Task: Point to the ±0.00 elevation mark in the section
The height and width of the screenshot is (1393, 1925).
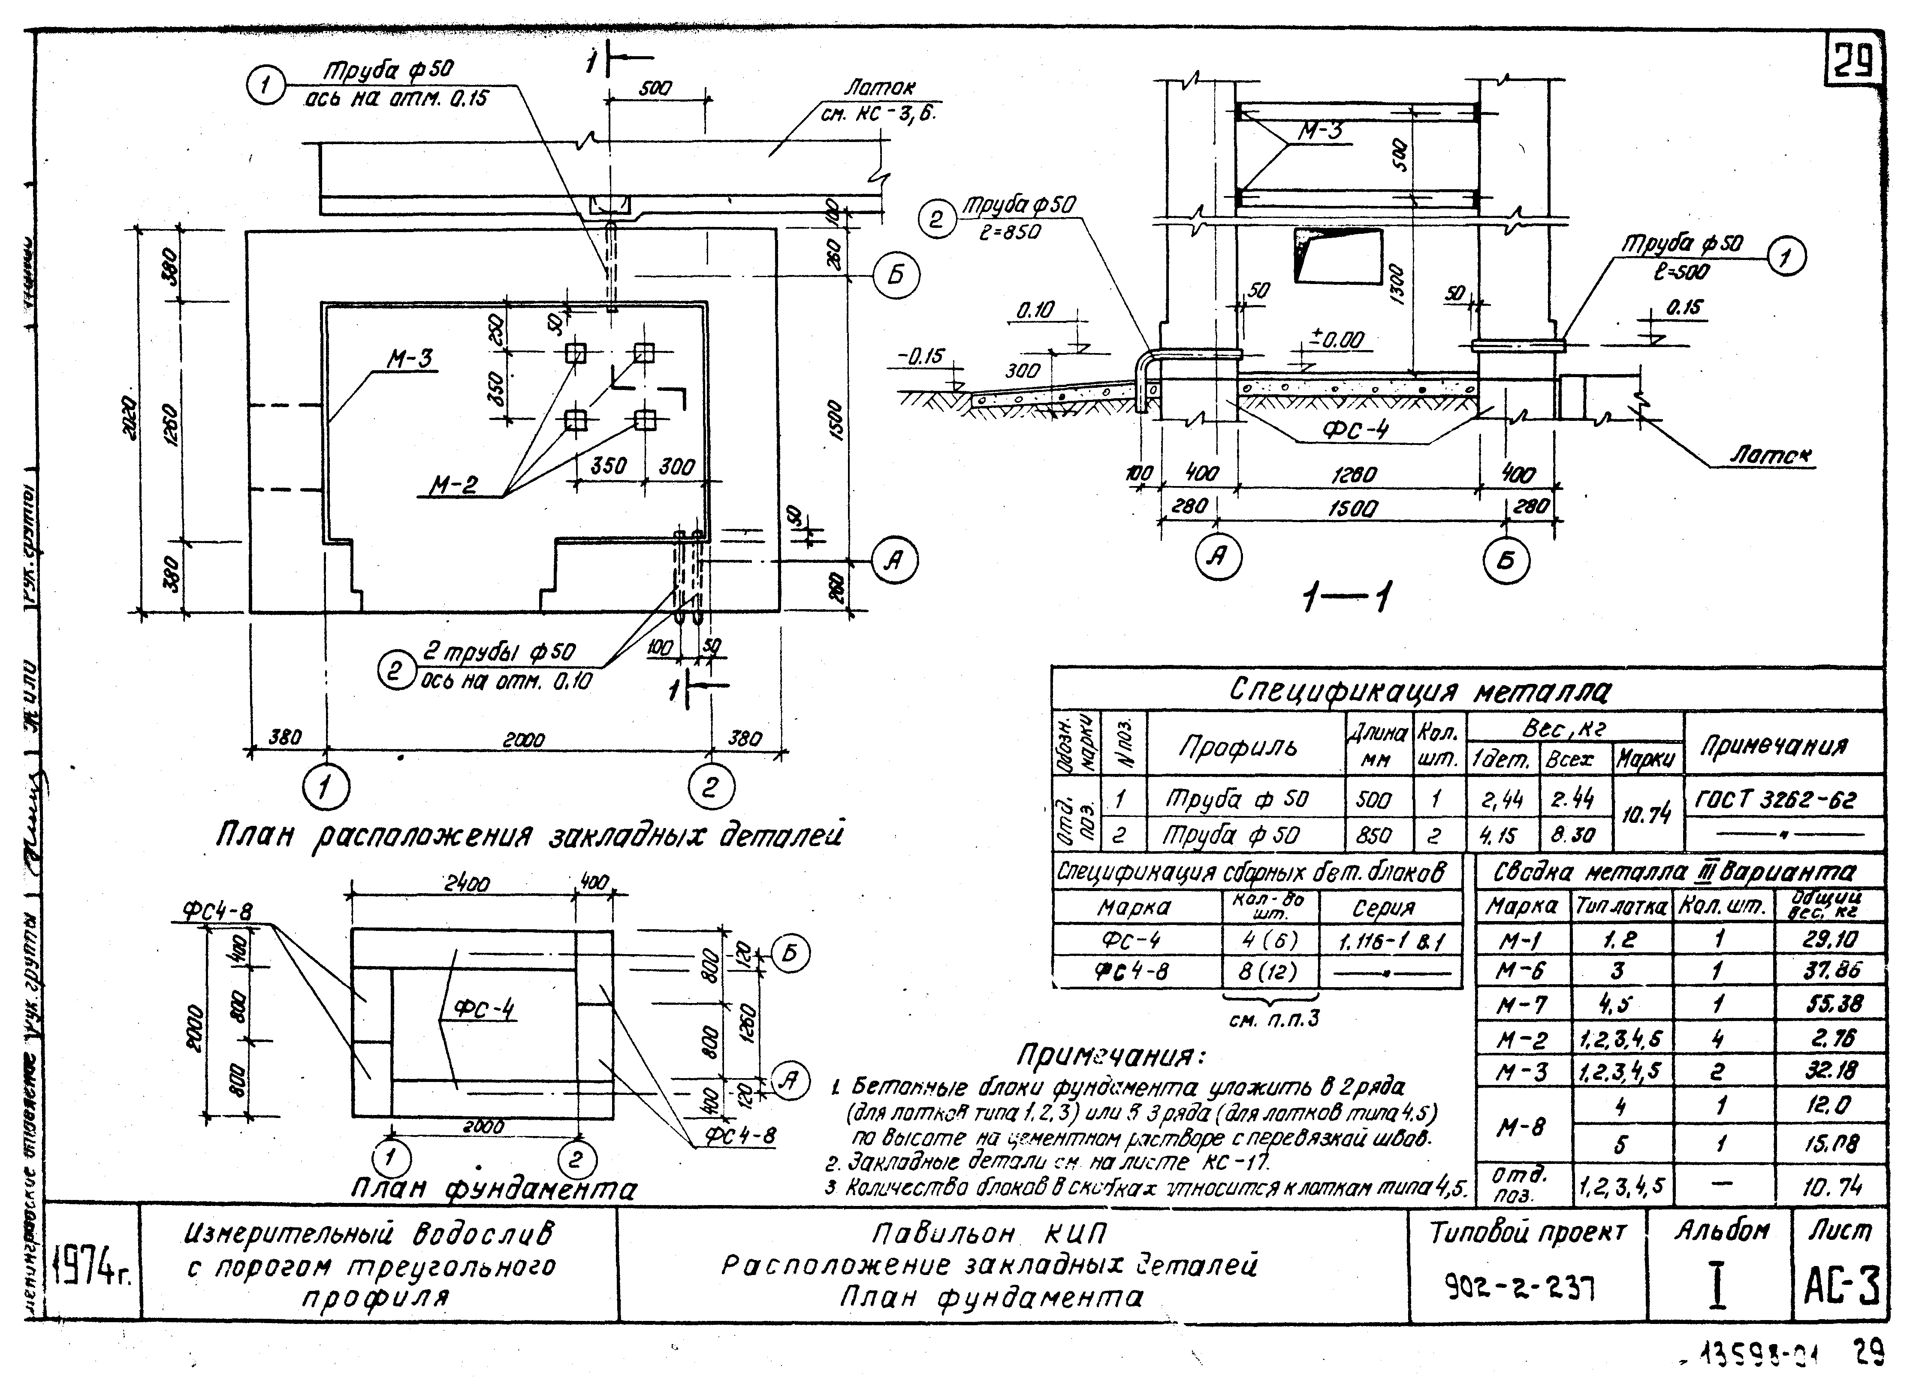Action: tap(1338, 340)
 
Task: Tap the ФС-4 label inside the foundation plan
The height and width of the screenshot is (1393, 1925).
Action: tap(484, 1009)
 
